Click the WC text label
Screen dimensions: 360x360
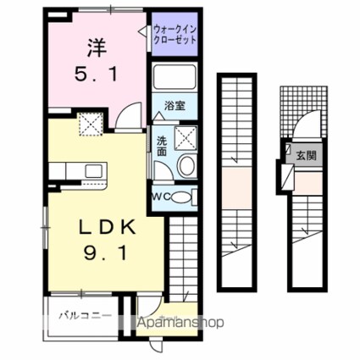click(162, 197)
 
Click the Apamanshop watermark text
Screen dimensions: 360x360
click(177, 323)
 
